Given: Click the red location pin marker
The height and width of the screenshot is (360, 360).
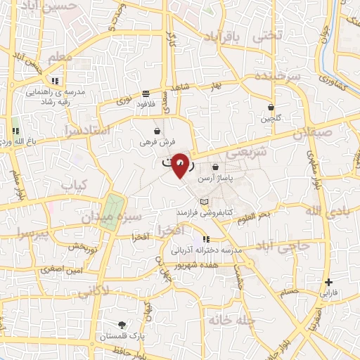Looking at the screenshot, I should [x=181, y=164].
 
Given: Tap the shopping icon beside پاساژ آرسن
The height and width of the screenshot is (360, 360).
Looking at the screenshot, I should [x=216, y=167].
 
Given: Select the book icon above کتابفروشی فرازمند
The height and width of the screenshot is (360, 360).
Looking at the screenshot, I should [x=204, y=202].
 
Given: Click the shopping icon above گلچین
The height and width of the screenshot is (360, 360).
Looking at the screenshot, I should [x=271, y=107].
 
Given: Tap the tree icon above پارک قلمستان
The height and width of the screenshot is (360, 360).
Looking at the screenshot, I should [x=122, y=326].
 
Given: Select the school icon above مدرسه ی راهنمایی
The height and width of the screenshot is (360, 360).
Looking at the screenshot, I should [x=56, y=81].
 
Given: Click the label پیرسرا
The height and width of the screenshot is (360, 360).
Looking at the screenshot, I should [x=33, y=233].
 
